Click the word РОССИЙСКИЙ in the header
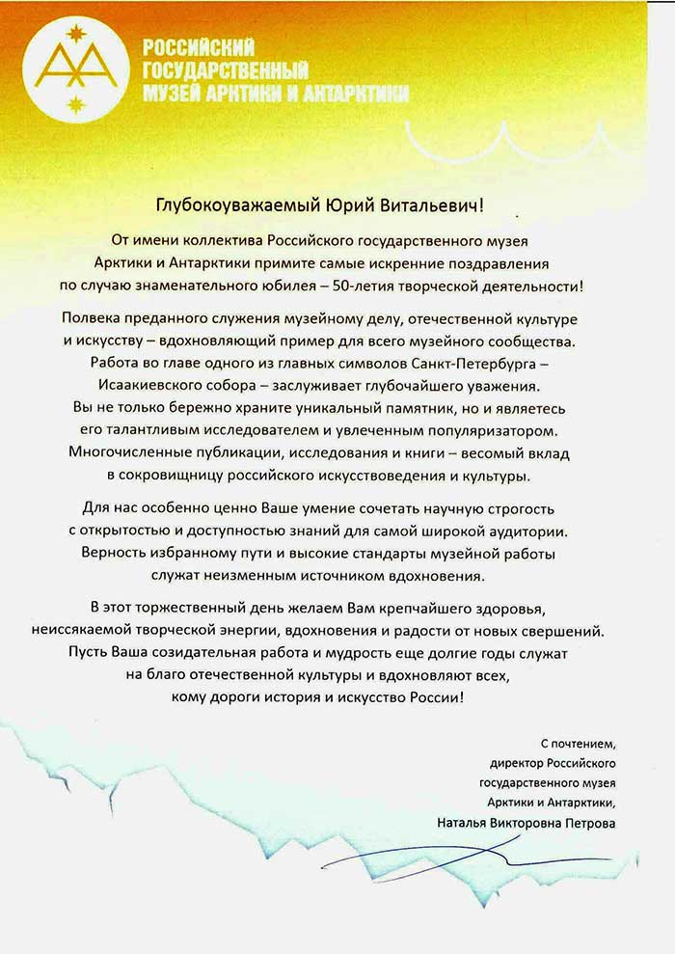[198, 47]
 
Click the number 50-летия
[375, 286]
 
